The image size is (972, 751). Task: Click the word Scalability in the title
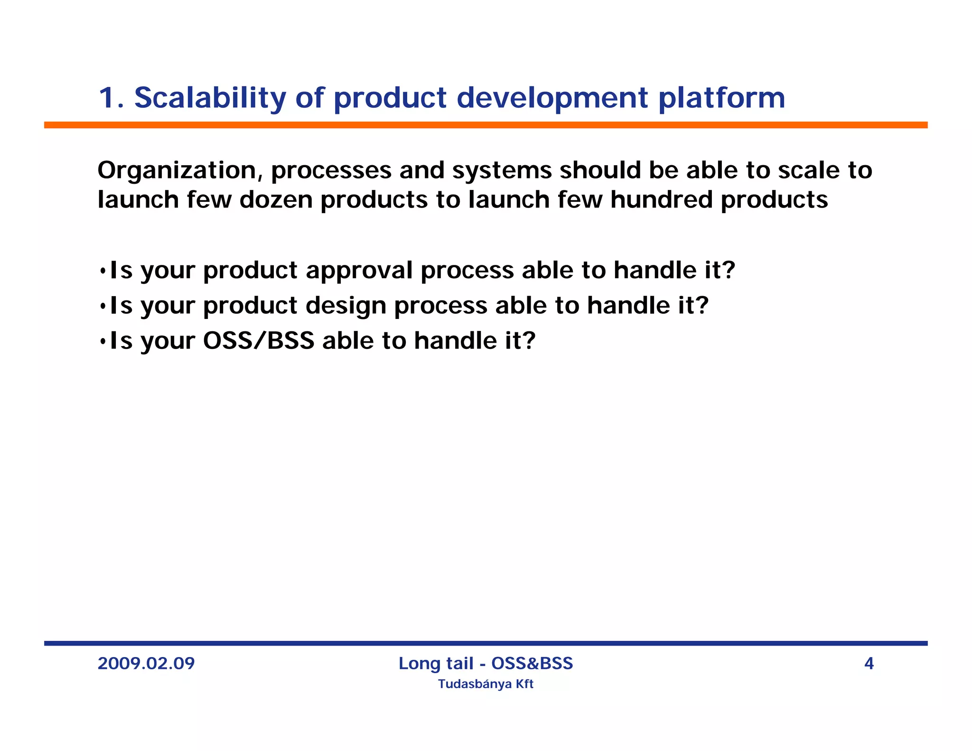click(210, 98)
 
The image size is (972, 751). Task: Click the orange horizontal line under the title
click(486, 125)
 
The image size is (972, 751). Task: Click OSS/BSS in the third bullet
click(259, 341)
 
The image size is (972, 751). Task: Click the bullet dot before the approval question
click(103, 272)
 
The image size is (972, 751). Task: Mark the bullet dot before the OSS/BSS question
click(103, 342)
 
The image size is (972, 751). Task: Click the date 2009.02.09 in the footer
click(146, 663)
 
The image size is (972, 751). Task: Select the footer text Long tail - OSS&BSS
click(486, 663)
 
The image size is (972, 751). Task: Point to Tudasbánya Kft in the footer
click(486, 684)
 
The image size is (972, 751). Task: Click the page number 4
click(869, 663)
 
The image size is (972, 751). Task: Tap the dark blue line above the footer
click(486, 643)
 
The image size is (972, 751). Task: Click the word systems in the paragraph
click(502, 170)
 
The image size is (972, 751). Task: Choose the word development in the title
click(552, 98)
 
